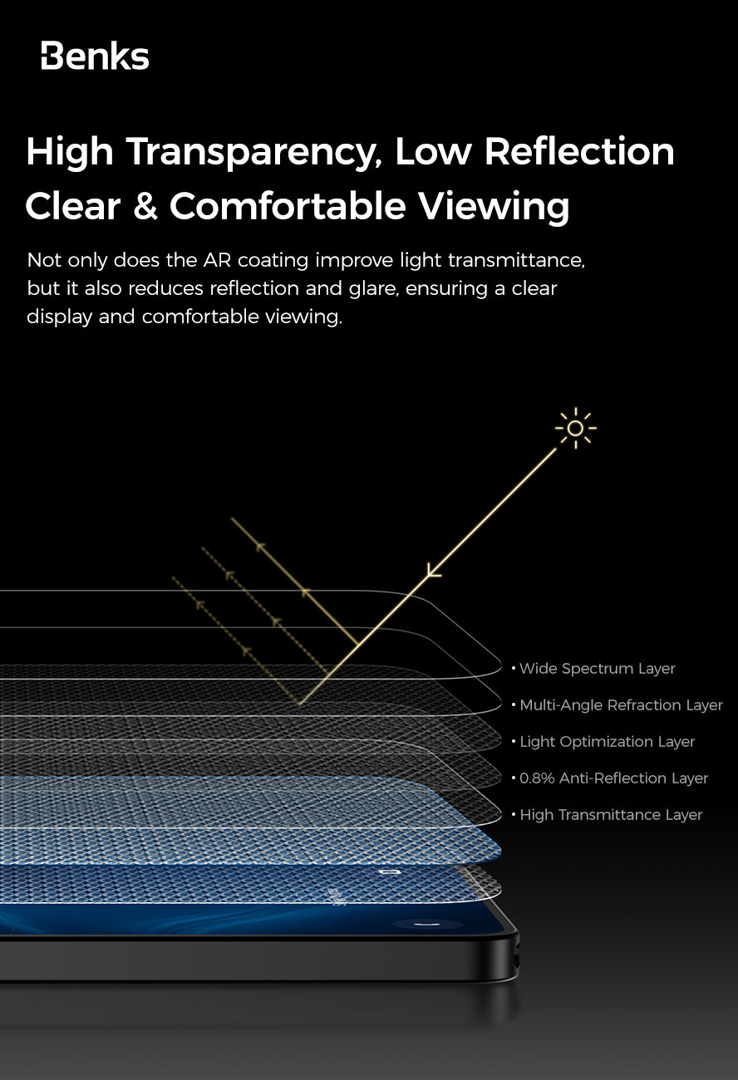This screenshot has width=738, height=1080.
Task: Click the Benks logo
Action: coord(95,57)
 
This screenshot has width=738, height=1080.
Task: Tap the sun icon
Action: coord(575,429)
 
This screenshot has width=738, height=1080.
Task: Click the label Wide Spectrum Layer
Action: coord(597,669)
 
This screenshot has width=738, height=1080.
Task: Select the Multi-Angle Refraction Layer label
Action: coord(621,705)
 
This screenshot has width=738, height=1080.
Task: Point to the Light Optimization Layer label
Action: coord(607,742)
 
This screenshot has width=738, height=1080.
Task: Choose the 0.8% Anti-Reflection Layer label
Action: coord(613,778)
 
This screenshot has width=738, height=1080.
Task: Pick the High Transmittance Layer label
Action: coord(611,815)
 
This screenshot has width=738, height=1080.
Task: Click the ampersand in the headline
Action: coord(145,207)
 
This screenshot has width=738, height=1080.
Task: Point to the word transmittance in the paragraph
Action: coord(516,260)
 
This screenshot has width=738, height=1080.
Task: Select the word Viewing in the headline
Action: coord(494,206)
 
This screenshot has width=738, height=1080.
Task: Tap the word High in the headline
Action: coord(69,152)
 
